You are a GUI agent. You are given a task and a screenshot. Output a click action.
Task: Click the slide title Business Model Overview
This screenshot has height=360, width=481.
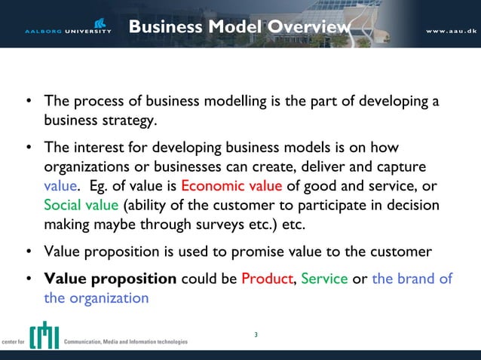[240, 27]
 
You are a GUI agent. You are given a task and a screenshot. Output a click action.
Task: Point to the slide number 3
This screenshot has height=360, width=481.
[256, 334]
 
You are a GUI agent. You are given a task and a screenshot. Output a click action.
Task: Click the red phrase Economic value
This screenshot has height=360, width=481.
[231, 186]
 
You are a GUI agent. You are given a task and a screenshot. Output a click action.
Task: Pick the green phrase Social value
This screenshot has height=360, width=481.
[81, 206]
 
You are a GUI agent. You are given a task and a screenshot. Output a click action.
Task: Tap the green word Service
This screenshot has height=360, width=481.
[324, 279]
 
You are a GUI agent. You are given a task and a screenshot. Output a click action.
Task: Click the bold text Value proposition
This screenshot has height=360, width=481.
[110, 279]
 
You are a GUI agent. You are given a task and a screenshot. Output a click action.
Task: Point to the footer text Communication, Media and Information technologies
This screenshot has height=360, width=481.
[126, 341]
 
